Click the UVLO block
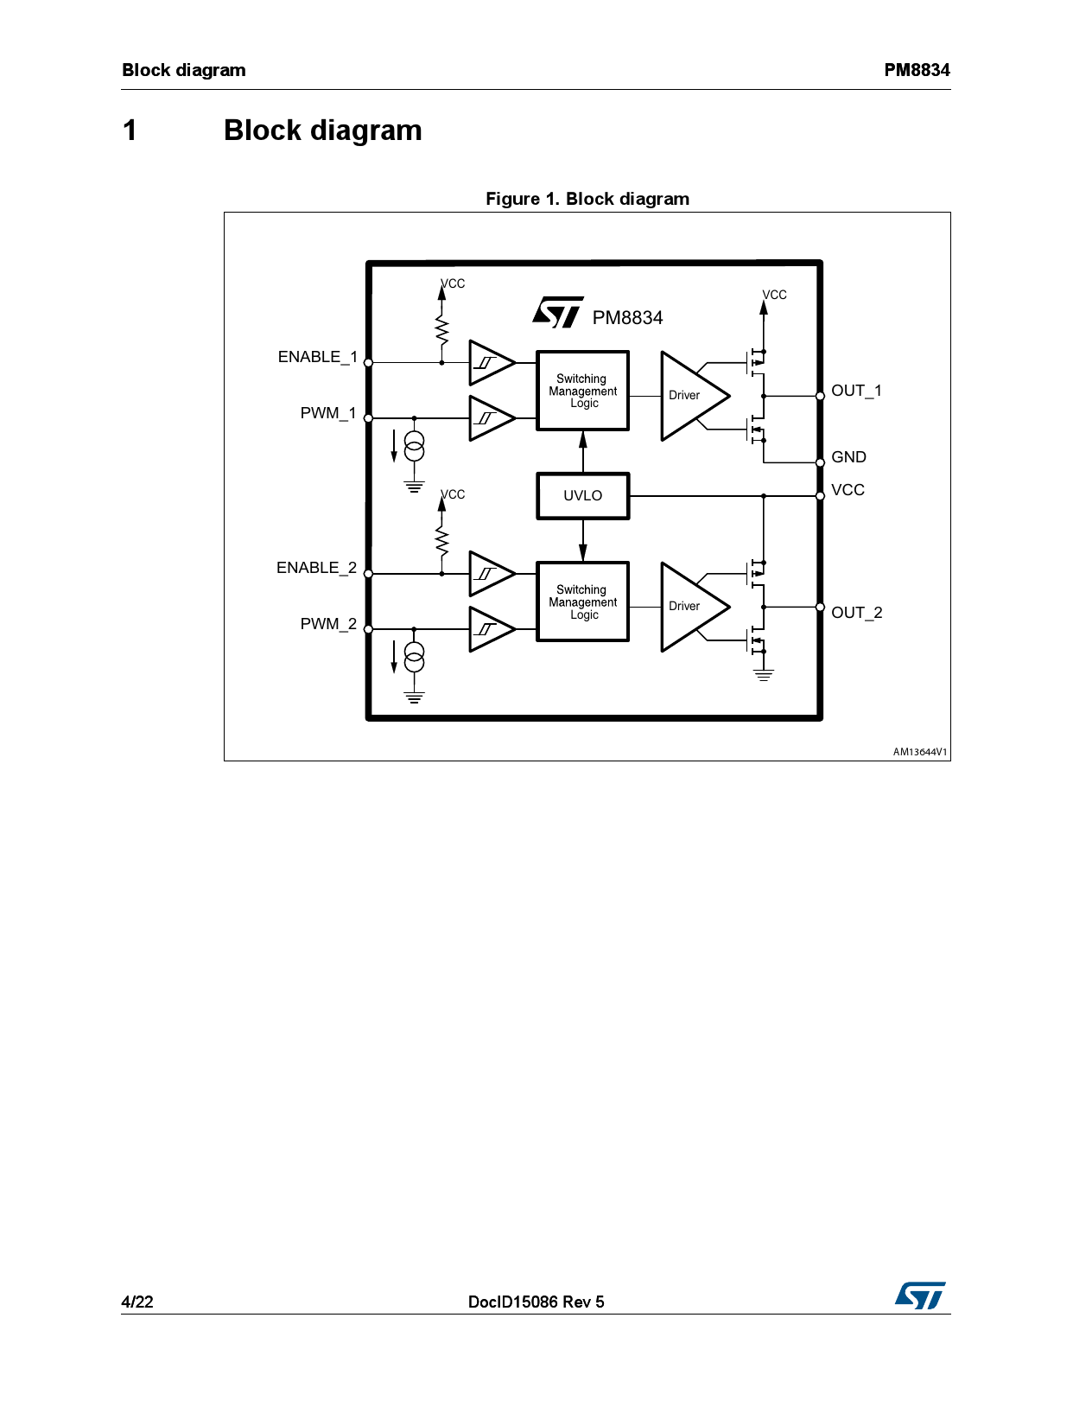click(583, 496)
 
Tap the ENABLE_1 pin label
click(317, 357)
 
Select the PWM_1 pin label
click(327, 413)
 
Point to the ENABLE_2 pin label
click(316, 568)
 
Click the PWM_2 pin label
click(327, 624)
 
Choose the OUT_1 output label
click(856, 391)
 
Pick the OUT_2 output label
click(856, 613)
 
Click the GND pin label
click(848, 457)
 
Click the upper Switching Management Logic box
click(583, 391)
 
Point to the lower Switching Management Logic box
click(583, 602)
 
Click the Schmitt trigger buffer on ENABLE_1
click(490, 363)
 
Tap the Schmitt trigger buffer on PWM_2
click(490, 629)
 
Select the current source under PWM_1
click(415, 446)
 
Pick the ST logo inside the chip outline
click(558, 313)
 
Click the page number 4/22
click(137, 1302)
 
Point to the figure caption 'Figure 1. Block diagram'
click(587, 199)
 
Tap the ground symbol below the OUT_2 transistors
click(764, 675)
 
